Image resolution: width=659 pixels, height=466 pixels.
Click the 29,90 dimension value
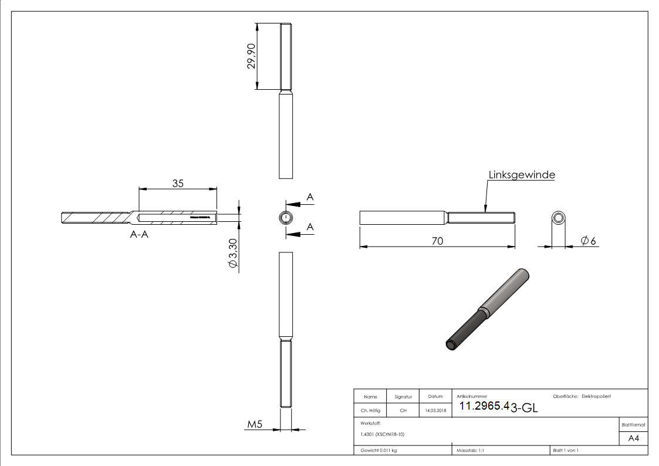click(251, 56)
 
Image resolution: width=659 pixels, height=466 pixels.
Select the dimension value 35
click(178, 183)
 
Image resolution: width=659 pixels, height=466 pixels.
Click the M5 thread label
click(254, 424)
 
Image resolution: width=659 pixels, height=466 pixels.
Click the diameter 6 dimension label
click(589, 240)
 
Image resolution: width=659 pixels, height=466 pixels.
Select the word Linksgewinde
click(522, 175)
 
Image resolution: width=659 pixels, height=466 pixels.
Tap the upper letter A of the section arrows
click(310, 198)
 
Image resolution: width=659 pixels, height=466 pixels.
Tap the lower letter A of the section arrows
click(310, 227)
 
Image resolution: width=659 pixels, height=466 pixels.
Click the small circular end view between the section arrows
click(285, 218)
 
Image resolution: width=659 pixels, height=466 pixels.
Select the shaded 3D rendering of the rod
click(486, 308)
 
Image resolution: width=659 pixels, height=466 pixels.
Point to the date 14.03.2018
click(435, 411)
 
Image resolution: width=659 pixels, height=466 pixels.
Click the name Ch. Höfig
click(370, 411)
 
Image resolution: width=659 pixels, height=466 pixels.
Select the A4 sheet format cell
click(633, 438)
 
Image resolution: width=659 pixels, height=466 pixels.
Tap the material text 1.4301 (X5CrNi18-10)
click(382, 434)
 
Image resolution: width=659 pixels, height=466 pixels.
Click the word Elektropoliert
click(596, 397)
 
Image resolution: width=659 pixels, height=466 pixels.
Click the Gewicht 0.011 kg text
click(378, 450)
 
